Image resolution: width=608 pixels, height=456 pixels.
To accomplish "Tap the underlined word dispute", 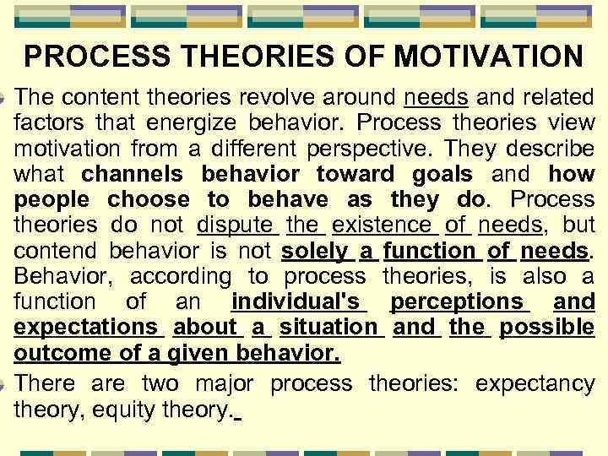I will click(x=236, y=225).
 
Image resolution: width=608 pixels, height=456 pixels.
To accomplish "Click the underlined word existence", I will click(x=382, y=225).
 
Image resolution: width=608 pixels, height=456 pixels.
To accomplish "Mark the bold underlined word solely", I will click(x=315, y=251).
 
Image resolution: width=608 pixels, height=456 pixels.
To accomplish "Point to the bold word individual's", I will click(x=296, y=301).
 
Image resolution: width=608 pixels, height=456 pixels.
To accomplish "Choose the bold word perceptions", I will click(x=457, y=301).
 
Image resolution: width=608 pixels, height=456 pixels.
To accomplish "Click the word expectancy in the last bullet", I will click(x=535, y=383).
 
